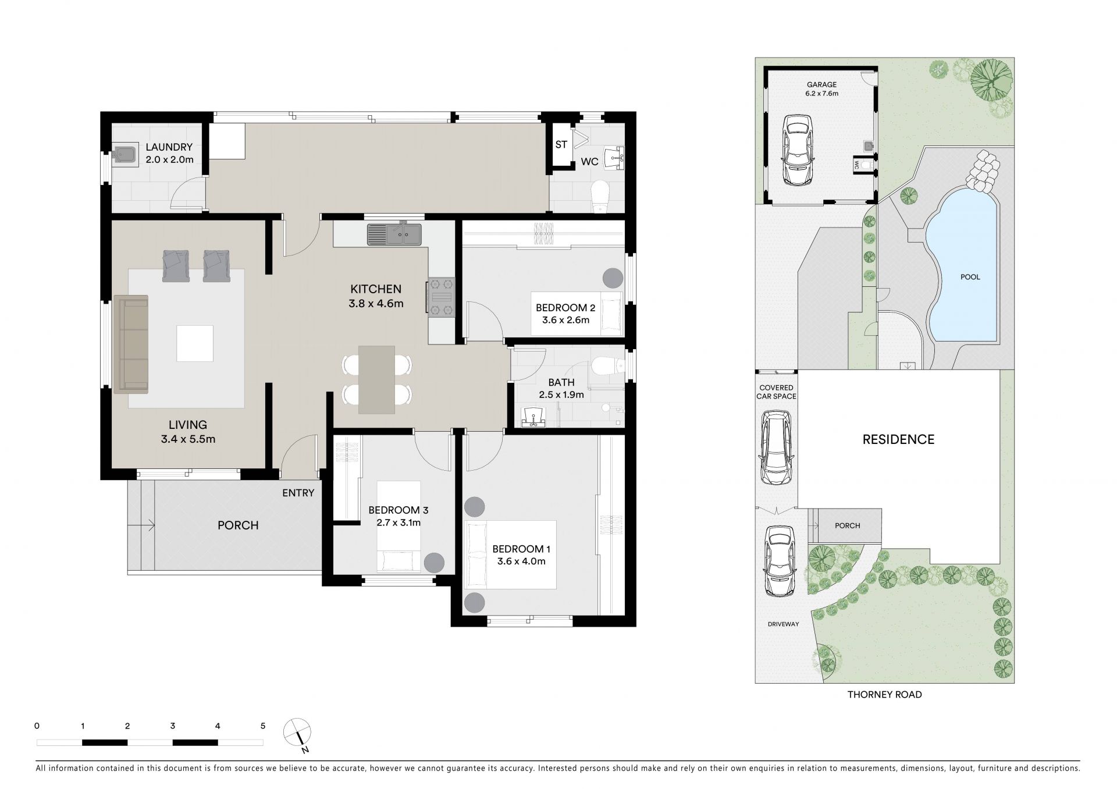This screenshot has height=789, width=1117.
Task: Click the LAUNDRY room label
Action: [x=169, y=148]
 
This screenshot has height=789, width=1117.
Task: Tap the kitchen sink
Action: [x=394, y=235]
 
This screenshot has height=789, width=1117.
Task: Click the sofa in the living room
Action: [x=131, y=344]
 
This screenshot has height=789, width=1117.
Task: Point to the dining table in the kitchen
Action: [x=376, y=380]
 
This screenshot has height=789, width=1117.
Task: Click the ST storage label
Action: [x=561, y=144]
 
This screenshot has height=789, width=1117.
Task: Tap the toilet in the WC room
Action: [x=599, y=197]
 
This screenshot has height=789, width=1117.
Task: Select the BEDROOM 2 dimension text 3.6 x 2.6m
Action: [x=565, y=320]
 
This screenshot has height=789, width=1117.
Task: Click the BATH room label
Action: [x=561, y=382]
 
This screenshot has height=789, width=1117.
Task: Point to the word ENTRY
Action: [x=298, y=493]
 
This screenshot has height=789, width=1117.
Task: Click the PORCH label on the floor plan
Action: [x=238, y=525]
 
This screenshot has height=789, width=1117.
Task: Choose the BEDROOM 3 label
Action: [x=399, y=510]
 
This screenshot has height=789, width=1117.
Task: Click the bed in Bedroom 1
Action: [x=510, y=555]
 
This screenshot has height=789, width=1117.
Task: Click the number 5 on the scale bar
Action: [x=263, y=726]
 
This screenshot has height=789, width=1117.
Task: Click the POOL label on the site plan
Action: [x=970, y=277]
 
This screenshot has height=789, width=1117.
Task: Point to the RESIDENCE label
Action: [x=898, y=440]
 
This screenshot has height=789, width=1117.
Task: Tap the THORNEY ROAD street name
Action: [x=884, y=694]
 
